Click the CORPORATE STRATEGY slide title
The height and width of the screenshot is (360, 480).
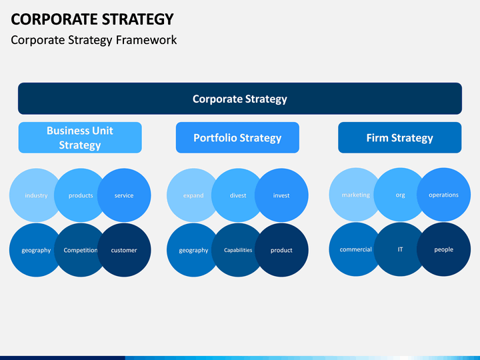point(93,18)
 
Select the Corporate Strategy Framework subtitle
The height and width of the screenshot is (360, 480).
point(94,40)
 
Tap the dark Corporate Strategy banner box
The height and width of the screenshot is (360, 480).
point(240,99)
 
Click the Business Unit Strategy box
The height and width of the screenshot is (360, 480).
point(80,137)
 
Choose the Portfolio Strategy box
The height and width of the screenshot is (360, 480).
point(237,137)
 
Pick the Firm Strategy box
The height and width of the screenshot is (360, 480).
point(399,137)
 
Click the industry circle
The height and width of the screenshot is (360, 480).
point(35,195)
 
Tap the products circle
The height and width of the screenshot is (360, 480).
point(81,195)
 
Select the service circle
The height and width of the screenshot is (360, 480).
point(124,195)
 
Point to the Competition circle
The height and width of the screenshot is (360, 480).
point(81,250)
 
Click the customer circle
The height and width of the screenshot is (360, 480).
point(124,250)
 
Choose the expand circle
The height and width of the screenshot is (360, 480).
point(193,195)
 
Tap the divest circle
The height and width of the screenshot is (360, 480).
point(238,195)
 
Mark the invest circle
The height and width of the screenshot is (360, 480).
point(281,195)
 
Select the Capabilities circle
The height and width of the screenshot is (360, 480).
point(238,250)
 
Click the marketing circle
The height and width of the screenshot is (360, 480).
point(355,195)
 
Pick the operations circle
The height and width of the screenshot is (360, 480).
point(443,195)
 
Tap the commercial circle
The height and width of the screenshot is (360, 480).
point(355,249)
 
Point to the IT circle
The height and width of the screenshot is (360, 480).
point(400,249)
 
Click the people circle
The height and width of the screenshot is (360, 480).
point(443,249)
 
